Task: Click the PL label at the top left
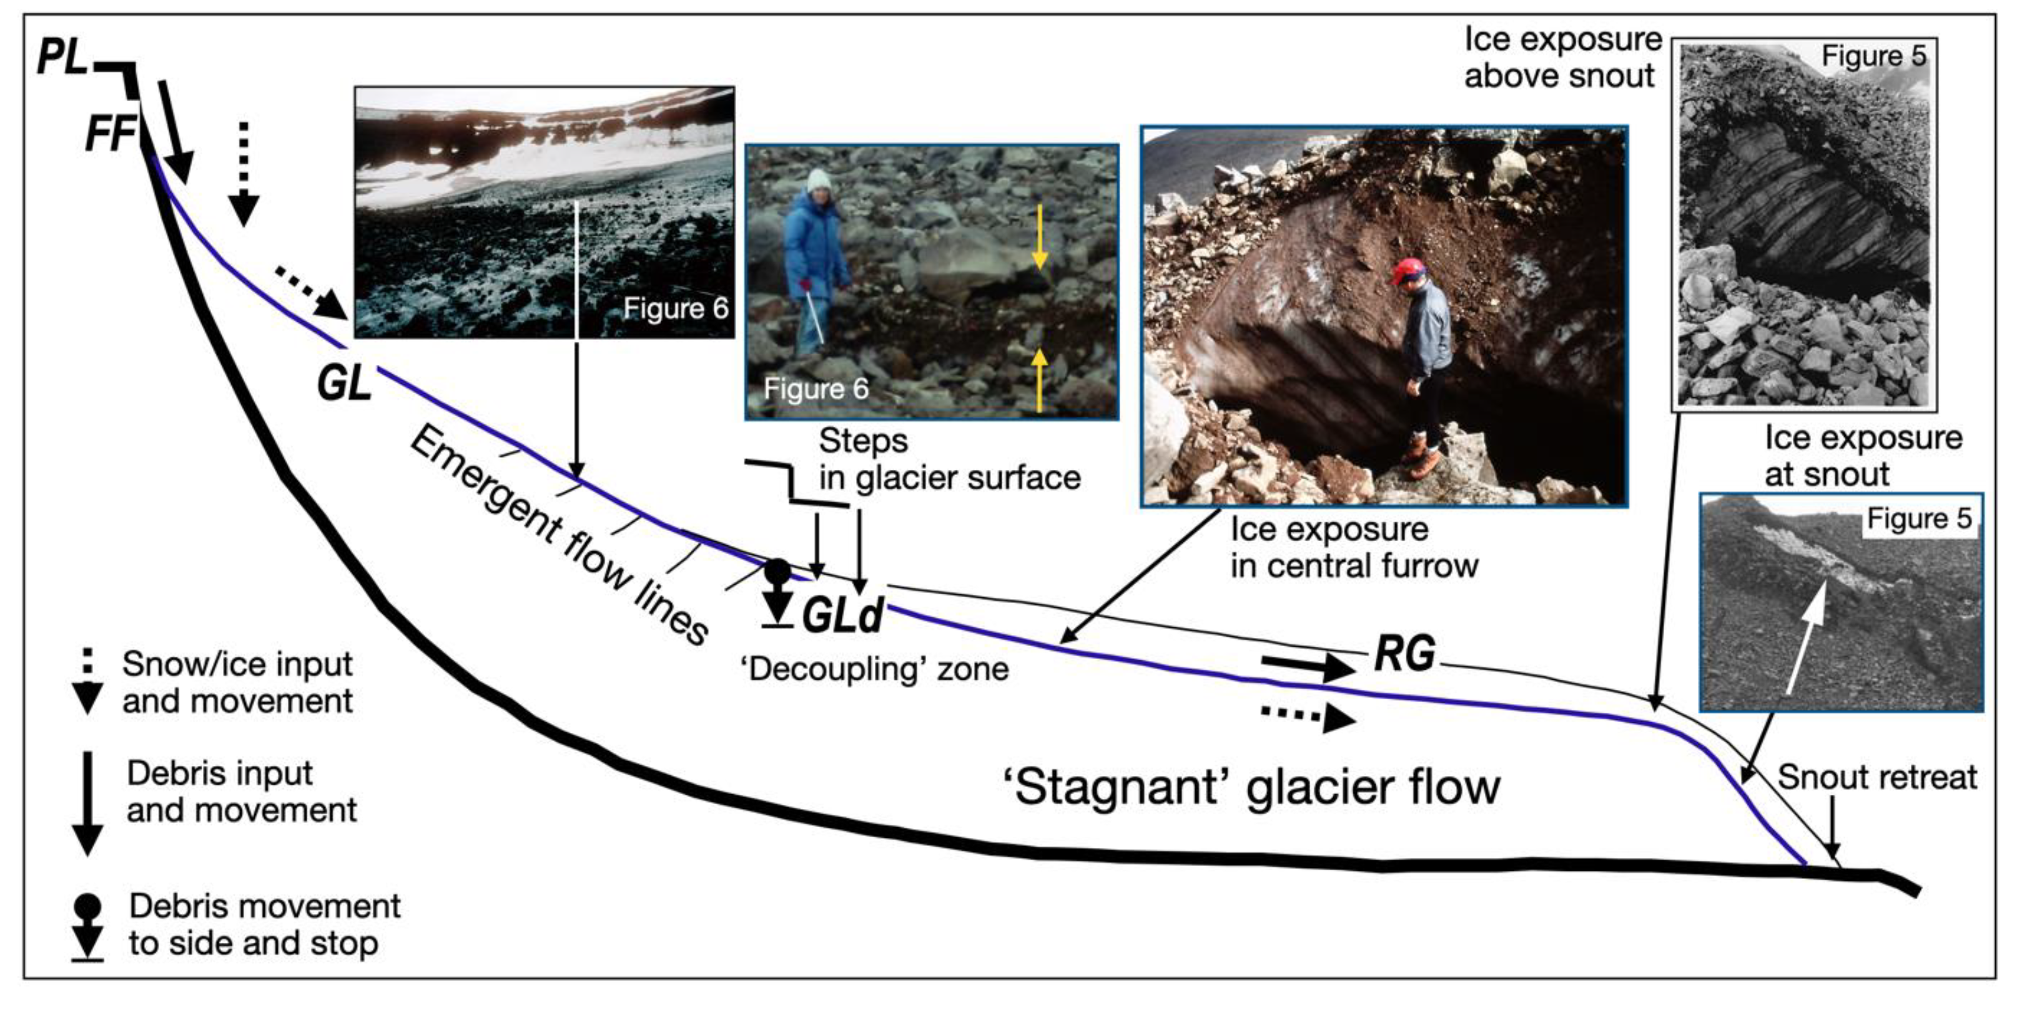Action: pos(62,58)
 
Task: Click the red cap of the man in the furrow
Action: pos(1406,271)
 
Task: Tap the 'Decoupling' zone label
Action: pos(874,670)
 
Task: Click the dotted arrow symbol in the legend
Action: pos(87,681)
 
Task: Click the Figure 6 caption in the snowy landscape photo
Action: pos(675,309)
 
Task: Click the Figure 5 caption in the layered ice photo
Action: pos(1873,56)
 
